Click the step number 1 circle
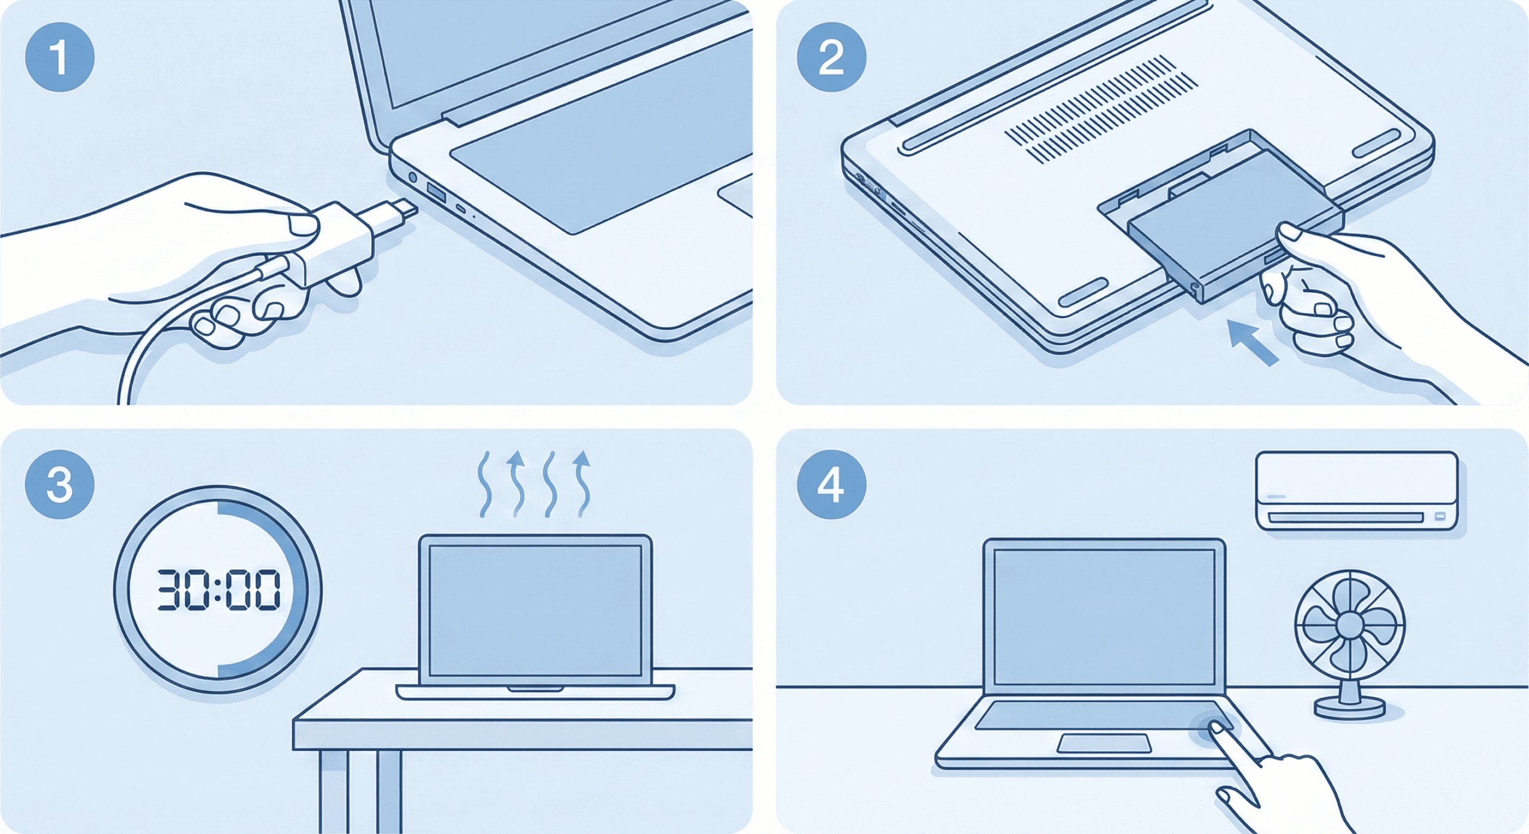click(x=59, y=57)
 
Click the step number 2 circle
click(x=831, y=57)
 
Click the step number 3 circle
click(x=59, y=484)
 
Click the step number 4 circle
click(x=831, y=484)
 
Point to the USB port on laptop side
click(x=436, y=193)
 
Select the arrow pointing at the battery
click(x=1252, y=342)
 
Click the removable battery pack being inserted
click(x=1230, y=224)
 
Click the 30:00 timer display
click(x=218, y=590)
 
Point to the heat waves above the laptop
click(x=533, y=484)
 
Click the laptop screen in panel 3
click(x=535, y=609)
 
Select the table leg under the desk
click(x=388, y=789)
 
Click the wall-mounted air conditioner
click(x=1356, y=490)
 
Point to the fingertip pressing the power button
click(x=1216, y=728)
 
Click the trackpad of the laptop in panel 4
click(x=1104, y=743)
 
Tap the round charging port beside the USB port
click(x=412, y=177)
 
